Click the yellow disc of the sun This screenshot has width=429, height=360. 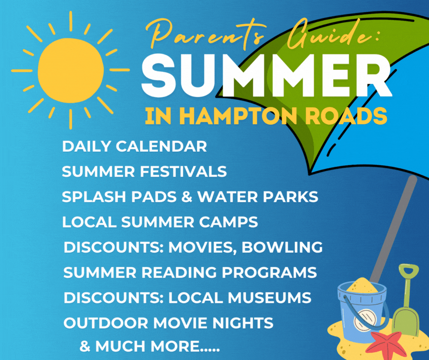coord(71,70)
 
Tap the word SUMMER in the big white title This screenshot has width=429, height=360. coord(266,75)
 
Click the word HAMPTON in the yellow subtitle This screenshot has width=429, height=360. coord(238,116)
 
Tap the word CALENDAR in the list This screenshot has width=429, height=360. coord(162,146)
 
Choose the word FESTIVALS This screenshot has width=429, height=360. coord(183,171)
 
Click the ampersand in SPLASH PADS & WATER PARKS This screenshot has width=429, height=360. coord(187,197)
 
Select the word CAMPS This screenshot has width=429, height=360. coord(229,222)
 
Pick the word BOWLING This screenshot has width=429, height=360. coord(282,247)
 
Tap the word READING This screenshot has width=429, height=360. coord(179,273)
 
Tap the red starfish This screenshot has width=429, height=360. coord(386,345)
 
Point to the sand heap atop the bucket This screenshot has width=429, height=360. coord(362,285)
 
